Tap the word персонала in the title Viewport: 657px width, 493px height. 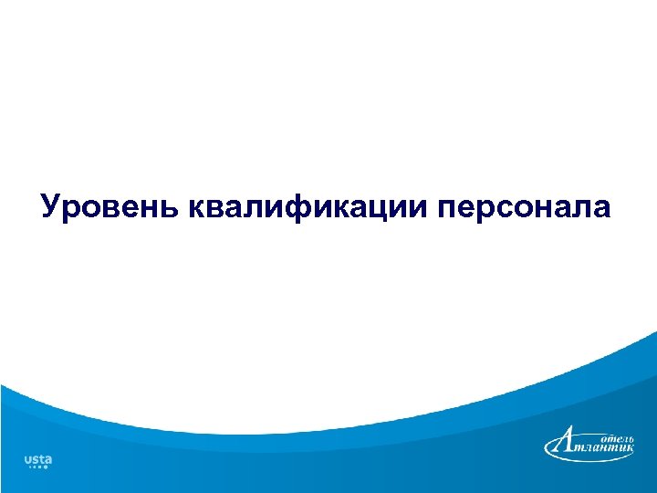coord(524,206)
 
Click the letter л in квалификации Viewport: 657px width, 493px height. coord(254,207)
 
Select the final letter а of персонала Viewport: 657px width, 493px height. coord(600,207)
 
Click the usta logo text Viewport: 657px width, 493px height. coord(37,458)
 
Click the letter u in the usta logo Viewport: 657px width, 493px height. coord(27,458)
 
